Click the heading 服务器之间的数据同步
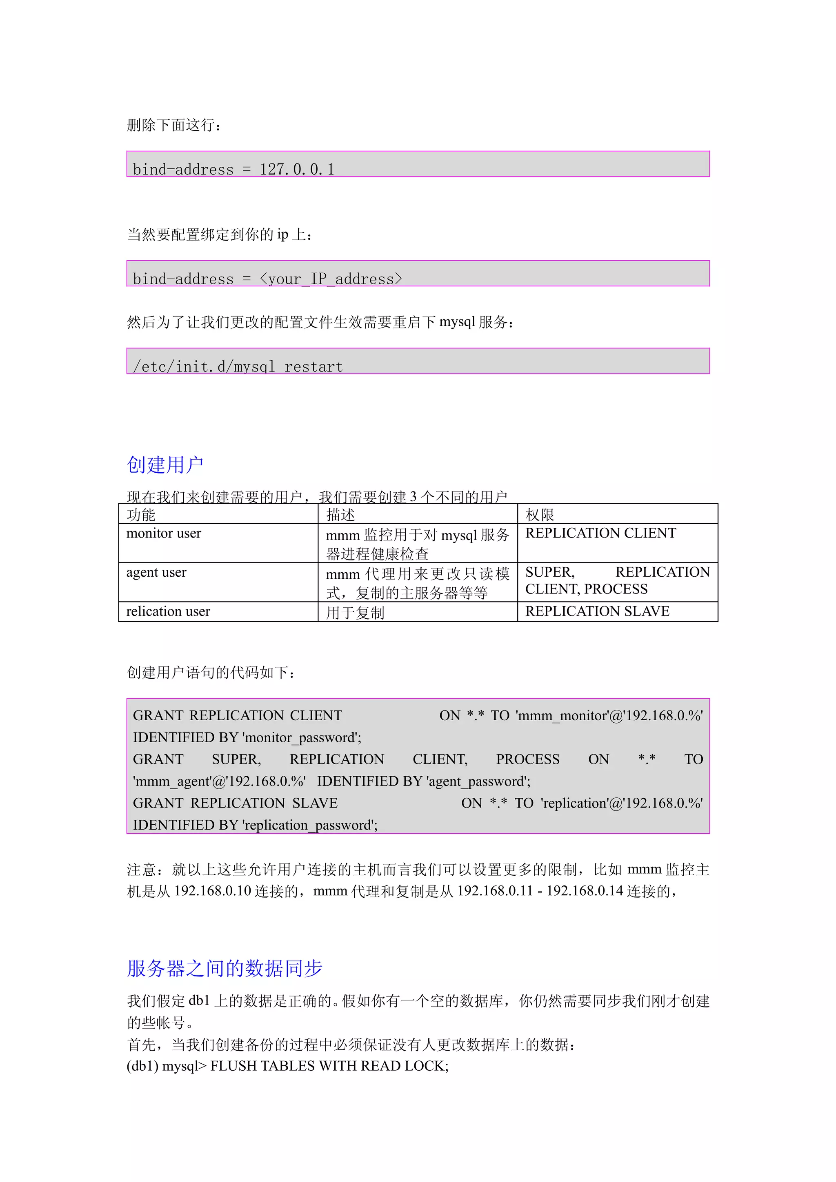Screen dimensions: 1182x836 (225, 968)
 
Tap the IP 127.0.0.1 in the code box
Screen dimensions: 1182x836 (297, 169)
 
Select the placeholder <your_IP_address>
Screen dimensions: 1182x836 (331, 279)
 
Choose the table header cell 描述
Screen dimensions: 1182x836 (340, 514)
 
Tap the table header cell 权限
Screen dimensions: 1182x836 (539, 514)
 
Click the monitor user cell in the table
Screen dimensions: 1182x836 (164, 533)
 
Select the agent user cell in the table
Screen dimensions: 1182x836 (157, 573)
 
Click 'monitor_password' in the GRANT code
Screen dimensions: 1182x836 (301, 738)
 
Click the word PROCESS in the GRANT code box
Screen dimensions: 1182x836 (527, 759)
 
